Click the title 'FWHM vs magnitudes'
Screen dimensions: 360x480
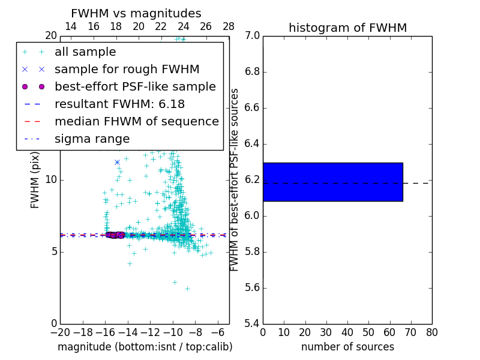pos(136,13)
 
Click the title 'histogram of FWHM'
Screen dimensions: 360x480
pos(347,28)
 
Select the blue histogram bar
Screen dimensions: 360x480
pos(332,182)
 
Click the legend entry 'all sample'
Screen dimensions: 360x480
pos(85,52)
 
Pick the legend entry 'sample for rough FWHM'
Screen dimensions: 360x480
pos(127,69)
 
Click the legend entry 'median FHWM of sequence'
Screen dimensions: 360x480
pos(136,121)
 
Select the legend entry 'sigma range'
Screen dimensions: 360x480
pos(92,139)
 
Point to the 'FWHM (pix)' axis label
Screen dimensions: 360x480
pos(35,179)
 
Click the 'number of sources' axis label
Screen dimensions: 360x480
pos(347,347)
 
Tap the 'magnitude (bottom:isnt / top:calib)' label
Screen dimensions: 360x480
pos(145,347)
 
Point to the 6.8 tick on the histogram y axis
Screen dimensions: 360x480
pos(253,72)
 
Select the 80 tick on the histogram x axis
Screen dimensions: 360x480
pos(431,332)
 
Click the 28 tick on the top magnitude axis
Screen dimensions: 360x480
pos(229,26)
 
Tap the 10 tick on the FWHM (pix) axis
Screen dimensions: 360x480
pos(50,179)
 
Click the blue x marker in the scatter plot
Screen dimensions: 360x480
pos(117,162)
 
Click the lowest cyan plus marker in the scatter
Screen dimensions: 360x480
pos(187,289)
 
